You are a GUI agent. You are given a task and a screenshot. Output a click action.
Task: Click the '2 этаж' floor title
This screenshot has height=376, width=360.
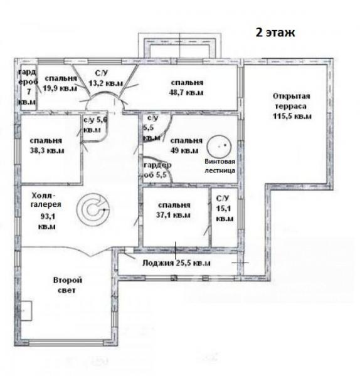275,33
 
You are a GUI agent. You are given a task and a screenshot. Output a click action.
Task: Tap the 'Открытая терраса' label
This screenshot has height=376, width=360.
291,101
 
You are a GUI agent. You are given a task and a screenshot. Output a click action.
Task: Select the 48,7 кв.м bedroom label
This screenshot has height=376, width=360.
186,88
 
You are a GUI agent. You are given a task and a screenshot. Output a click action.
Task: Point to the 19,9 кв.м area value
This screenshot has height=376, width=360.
60,88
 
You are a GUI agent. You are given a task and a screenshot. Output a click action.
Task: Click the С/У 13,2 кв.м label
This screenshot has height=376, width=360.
105,78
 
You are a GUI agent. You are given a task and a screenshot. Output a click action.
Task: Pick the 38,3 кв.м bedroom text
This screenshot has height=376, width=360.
46,145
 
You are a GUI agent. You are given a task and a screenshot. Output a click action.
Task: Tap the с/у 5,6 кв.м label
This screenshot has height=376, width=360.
95,125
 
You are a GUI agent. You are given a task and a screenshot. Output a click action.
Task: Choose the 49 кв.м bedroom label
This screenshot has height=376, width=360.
186,145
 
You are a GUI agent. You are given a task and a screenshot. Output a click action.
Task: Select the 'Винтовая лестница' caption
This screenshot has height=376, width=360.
220,165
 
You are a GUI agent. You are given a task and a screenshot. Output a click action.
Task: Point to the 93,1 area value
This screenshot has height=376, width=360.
48,217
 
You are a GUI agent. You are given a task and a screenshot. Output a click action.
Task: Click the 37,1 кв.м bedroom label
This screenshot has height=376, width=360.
174,210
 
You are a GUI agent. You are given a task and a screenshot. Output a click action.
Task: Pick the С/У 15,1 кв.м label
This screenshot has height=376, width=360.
225,209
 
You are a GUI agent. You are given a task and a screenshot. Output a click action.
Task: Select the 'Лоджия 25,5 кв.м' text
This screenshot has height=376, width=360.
176,263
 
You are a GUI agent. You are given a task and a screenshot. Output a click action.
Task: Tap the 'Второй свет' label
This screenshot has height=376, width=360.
68,285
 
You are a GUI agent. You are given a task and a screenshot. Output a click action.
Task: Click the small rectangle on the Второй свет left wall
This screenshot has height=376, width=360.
26,311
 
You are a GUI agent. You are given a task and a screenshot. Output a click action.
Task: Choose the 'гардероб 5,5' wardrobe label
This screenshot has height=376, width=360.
157,170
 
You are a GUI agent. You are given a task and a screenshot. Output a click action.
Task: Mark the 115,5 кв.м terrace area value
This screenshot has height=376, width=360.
292,117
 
